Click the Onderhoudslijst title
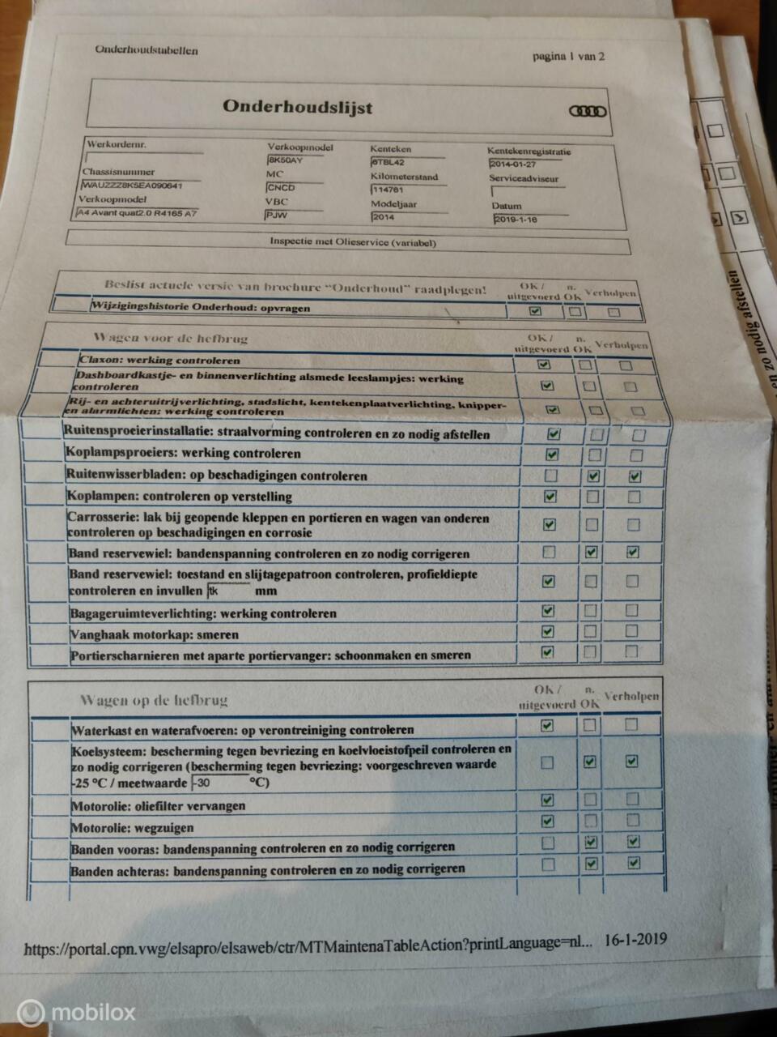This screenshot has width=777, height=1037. (x=297, y=107)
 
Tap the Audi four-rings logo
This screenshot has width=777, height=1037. (x=587, y=111)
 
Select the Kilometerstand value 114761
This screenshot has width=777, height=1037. (x=388, y=190)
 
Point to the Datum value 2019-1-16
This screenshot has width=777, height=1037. (x=516, y=220)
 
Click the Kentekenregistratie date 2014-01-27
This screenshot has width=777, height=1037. (x=513, y=164)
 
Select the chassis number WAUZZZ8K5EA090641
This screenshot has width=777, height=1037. (x=132, y=186)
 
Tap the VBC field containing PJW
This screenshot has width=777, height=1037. (x=277, y=216)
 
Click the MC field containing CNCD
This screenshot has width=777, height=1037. (x=281, y=188)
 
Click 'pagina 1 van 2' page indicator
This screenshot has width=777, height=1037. (x=568, y=56)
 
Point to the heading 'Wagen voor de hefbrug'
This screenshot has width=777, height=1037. (x=170, y=338)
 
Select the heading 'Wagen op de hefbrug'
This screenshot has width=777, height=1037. (x=153, y=700)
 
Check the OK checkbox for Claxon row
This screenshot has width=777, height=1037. (x=544, y=365)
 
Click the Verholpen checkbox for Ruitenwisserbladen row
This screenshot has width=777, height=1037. (x=635, y=476)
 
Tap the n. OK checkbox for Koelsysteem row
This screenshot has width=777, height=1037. (x=589, y=762)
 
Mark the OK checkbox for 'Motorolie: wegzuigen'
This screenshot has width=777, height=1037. (x=547, y=821)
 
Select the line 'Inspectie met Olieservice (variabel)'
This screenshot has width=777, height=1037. (x=353, y=242)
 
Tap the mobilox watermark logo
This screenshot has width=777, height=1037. (x=77, y=1013)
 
